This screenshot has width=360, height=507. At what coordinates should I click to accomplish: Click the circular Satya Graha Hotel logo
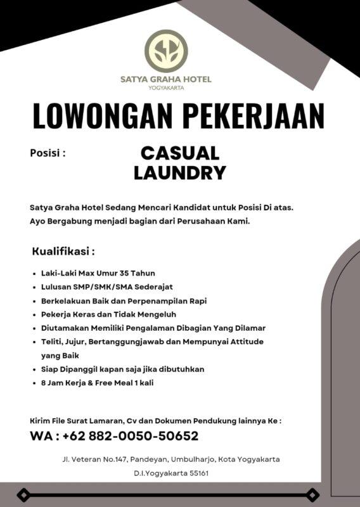166,51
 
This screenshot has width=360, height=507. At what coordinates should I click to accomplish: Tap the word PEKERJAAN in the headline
253,116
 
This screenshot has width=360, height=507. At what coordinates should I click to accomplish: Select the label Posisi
48,153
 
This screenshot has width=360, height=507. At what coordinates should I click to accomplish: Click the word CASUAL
180,153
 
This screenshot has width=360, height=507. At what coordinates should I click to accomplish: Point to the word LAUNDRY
180,172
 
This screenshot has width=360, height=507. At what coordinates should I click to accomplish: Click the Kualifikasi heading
63,252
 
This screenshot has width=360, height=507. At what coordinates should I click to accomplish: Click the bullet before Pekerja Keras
33,314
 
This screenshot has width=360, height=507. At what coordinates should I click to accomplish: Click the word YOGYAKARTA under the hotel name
166,88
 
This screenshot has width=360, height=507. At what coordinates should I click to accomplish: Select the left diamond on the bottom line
23,494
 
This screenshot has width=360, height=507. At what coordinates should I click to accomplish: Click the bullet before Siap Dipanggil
33,369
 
